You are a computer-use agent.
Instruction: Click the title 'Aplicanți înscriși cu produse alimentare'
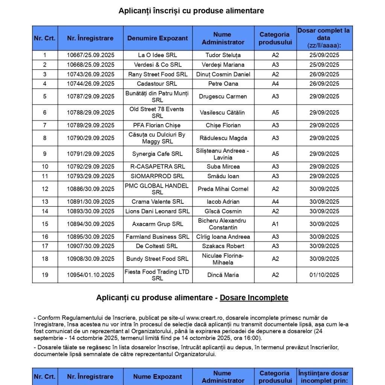(191, 11)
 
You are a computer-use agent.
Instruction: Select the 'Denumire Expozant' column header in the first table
(158, 38)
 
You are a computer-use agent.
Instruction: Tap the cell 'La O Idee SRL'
(158, 55)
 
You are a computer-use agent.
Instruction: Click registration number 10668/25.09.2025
(91, 65)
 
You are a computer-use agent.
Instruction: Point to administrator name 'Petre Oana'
(223, 83)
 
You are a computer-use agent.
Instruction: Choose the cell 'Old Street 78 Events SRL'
(158, 112)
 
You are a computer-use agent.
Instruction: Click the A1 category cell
(275, 224)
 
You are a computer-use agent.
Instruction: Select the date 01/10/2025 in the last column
(324, 275)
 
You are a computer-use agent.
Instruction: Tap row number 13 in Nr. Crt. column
(45, 202)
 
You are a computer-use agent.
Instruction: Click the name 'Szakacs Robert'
(223, 246)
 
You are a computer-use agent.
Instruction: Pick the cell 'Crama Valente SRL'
(158, 202)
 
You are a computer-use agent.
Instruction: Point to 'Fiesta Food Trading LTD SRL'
(158, 275)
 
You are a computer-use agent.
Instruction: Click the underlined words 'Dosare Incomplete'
(254, 298)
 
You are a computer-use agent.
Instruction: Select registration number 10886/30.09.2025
(91, 189)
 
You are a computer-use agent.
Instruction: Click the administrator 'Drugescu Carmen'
(223, 97)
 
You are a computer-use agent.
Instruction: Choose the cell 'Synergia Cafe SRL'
(158, 154)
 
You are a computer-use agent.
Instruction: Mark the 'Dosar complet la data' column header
(324, 38)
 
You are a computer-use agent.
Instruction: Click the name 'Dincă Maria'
(223, 275)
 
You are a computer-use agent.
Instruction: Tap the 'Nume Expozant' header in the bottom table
(158, 377)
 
